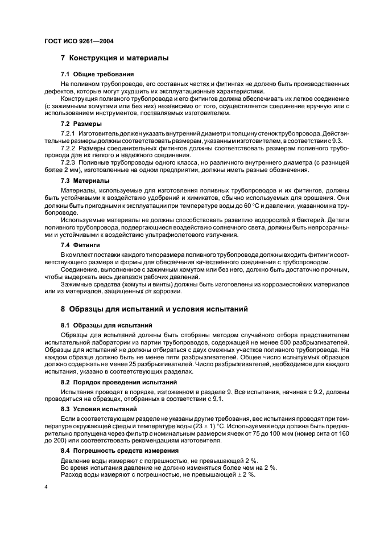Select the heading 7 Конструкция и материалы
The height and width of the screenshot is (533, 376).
pos(114,58)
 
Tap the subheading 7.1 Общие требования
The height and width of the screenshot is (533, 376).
pos(97,74)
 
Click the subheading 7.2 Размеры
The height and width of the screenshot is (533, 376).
pos(81,124)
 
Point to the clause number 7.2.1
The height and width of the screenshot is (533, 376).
pos(70,133)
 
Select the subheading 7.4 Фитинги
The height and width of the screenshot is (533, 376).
pos(80,244)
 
